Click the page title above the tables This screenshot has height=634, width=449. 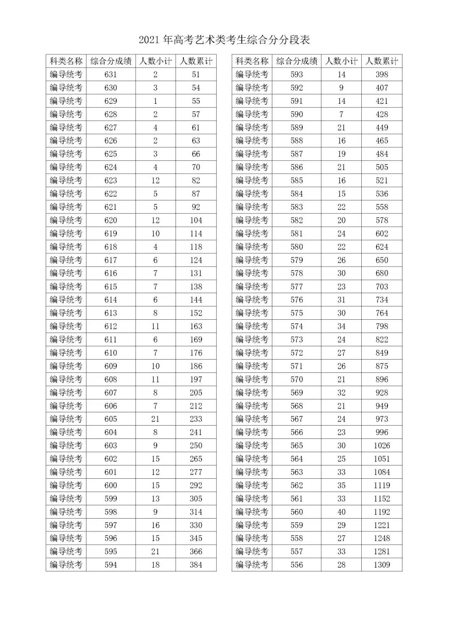224,40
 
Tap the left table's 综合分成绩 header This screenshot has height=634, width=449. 111,61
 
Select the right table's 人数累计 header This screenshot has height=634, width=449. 382,61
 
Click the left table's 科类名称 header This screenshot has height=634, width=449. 66,61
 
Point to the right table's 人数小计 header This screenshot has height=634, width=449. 341,61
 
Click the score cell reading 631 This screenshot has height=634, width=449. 111,74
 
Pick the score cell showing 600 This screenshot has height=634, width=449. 111,485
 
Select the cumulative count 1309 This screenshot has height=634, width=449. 382,565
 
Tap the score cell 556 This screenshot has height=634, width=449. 297,565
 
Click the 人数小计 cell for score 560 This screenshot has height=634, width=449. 341,512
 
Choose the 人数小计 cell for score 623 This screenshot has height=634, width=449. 155,180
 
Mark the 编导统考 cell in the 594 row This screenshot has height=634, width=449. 66,565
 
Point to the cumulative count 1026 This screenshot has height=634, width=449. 382,446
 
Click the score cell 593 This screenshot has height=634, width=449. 297,74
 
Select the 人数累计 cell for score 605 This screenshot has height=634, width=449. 196,419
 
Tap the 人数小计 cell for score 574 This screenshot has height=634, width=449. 341,326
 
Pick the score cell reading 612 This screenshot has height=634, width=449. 111,326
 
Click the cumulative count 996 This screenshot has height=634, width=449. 382,432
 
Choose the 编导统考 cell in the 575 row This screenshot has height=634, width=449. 252,313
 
